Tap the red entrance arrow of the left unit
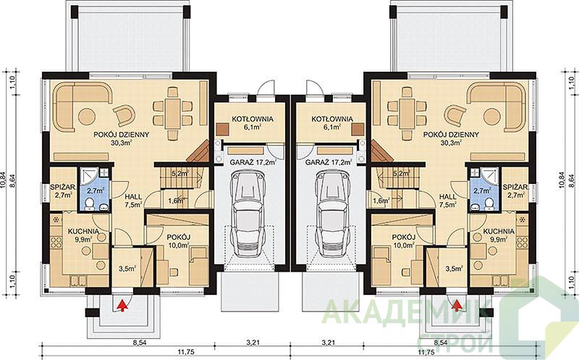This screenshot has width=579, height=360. [x=122, y=305]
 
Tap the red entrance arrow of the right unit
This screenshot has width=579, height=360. [x=457, y=305]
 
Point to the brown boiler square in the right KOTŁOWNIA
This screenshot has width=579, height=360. [x=358, y=130]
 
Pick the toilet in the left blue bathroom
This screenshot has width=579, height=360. [x=90, y=204]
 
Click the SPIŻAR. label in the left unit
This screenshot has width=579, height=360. [x=63, y=188]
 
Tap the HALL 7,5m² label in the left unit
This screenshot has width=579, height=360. [x=133, y=201]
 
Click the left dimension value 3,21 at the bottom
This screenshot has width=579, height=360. [x=253, y=343]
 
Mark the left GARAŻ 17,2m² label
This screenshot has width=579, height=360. [x=253, y=162]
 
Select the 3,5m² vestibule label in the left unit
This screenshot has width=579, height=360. [x=127, y=269]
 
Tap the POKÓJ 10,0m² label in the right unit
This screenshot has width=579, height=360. [x=404, y=240]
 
